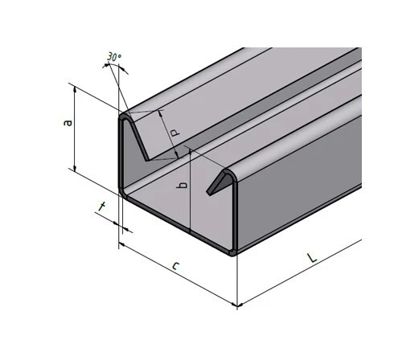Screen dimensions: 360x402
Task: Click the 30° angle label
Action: (x=113, y=58)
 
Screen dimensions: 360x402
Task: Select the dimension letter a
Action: (x=68, y=123)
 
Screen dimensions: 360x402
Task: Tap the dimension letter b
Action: (x=183, y=186)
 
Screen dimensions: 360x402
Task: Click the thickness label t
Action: (x=102, y=208)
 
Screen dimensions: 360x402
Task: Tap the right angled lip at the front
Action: (x=218, y=184)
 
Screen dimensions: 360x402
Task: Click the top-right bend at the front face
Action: (x=234, y=172)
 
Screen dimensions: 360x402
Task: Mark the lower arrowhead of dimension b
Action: (x=190, y=232)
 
